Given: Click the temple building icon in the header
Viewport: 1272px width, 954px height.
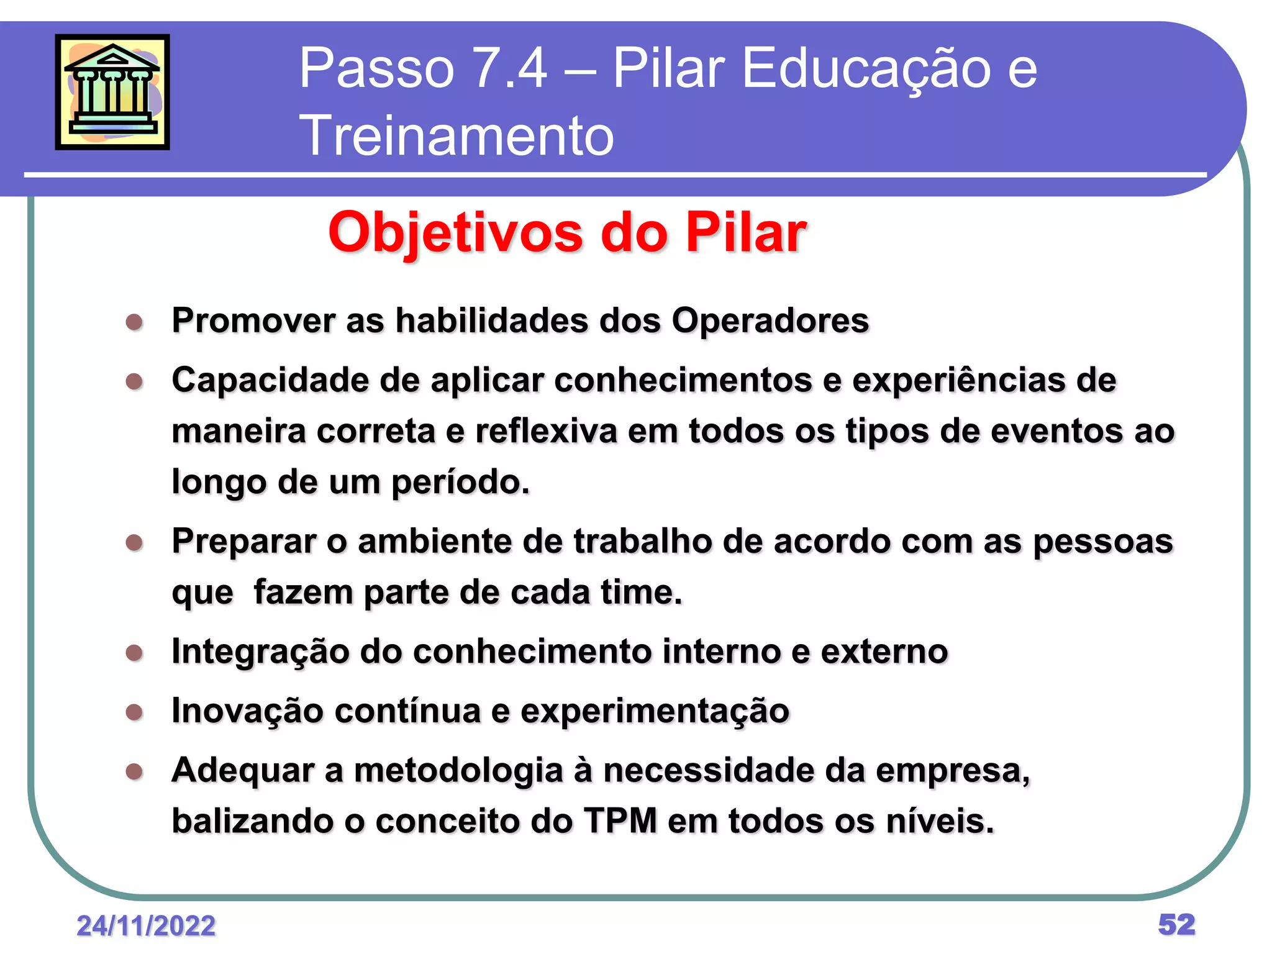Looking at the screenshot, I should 112,92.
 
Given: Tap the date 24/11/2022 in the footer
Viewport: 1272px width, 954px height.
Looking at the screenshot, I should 146,926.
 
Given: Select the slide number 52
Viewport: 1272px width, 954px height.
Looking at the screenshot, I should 1176,925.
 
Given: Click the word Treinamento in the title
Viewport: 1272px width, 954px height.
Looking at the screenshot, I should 457,135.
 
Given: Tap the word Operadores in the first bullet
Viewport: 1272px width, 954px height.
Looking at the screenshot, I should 770,321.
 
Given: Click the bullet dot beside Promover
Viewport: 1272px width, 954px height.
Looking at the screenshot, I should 134,322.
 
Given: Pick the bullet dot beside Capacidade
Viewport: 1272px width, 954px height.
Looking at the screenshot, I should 134,381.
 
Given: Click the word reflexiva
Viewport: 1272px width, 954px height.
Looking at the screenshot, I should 547,432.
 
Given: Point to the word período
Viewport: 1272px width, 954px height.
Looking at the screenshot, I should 460,483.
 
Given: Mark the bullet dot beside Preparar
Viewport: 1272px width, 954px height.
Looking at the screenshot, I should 134,543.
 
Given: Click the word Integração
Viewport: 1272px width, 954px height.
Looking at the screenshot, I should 260,652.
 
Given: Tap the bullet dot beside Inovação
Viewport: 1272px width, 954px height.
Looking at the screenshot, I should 134,712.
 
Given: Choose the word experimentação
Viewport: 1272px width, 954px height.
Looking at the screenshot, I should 655,712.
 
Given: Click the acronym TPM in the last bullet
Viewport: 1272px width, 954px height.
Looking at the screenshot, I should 620,821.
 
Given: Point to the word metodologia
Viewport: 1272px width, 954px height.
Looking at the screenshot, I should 458,771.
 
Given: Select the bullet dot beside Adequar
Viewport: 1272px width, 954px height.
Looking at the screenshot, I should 134,771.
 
